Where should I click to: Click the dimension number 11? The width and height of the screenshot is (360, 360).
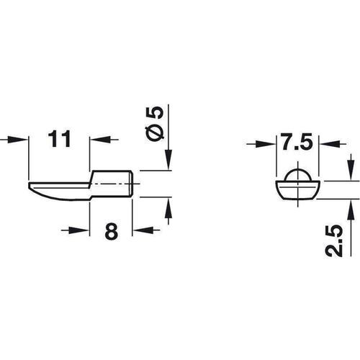(x=60, y=138)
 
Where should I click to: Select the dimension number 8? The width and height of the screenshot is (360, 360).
(x=112, y=233)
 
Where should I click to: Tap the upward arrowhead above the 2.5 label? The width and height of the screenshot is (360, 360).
(x=351, y=207)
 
